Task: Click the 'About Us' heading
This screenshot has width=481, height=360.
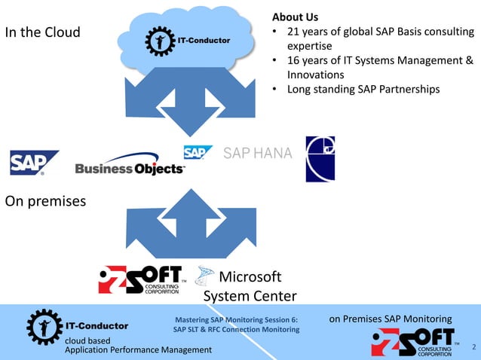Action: tap(295, 17)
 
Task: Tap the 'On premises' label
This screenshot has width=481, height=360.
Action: tap(45, 201)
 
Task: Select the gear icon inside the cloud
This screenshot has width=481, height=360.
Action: tap(159, 40)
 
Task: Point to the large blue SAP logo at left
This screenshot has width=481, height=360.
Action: tap(34, 162)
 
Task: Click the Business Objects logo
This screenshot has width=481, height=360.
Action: tap(130, 165)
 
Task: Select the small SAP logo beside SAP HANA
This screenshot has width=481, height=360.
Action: tap(198, 152)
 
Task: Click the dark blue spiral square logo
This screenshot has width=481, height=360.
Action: tap(320, 159)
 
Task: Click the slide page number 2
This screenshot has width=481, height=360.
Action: tap(473, 347)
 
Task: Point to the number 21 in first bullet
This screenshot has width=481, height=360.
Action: tap(295, 32)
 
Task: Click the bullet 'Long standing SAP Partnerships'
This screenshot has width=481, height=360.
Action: tap(363, 89)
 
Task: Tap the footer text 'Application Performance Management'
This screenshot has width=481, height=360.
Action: tap(139, 350)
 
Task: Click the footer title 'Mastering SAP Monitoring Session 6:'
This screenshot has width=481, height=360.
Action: tap(236, 319)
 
